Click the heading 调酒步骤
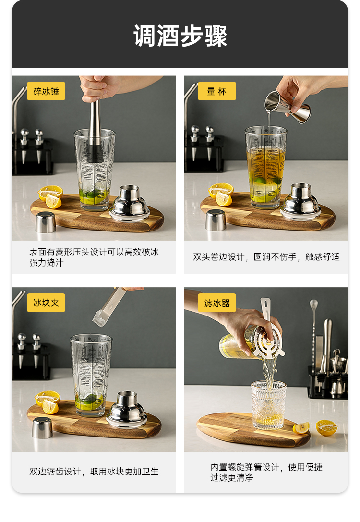point(180,36)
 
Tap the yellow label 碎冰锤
point(46,91)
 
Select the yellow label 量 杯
point(216,91)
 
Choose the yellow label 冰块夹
point(46,303)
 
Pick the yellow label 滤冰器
point(216,303)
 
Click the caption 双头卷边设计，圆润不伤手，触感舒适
point(266,257)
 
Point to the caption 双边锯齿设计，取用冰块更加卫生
point(94,472)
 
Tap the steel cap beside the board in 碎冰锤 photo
point(46,222)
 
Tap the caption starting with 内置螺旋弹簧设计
point(266,472)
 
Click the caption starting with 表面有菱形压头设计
point(94,257)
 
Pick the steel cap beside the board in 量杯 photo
point(216,220)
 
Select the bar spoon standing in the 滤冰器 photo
point(314,331)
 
